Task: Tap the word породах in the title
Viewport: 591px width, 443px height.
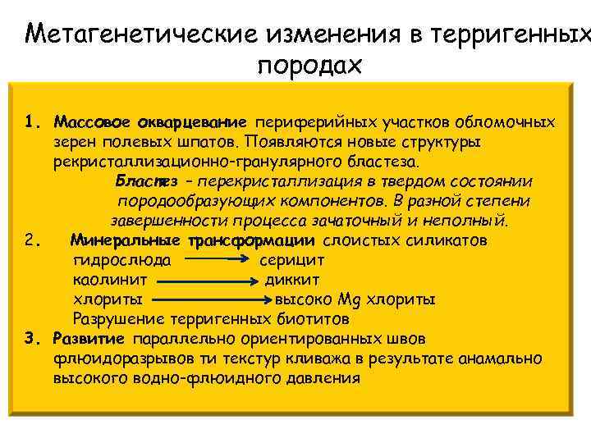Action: [x=309, y=66]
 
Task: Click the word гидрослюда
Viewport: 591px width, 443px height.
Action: [x=122, y=261]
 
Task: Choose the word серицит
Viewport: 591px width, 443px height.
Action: [x=291, y=261]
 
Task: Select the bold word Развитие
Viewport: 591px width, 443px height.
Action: [x=88, y=339]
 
